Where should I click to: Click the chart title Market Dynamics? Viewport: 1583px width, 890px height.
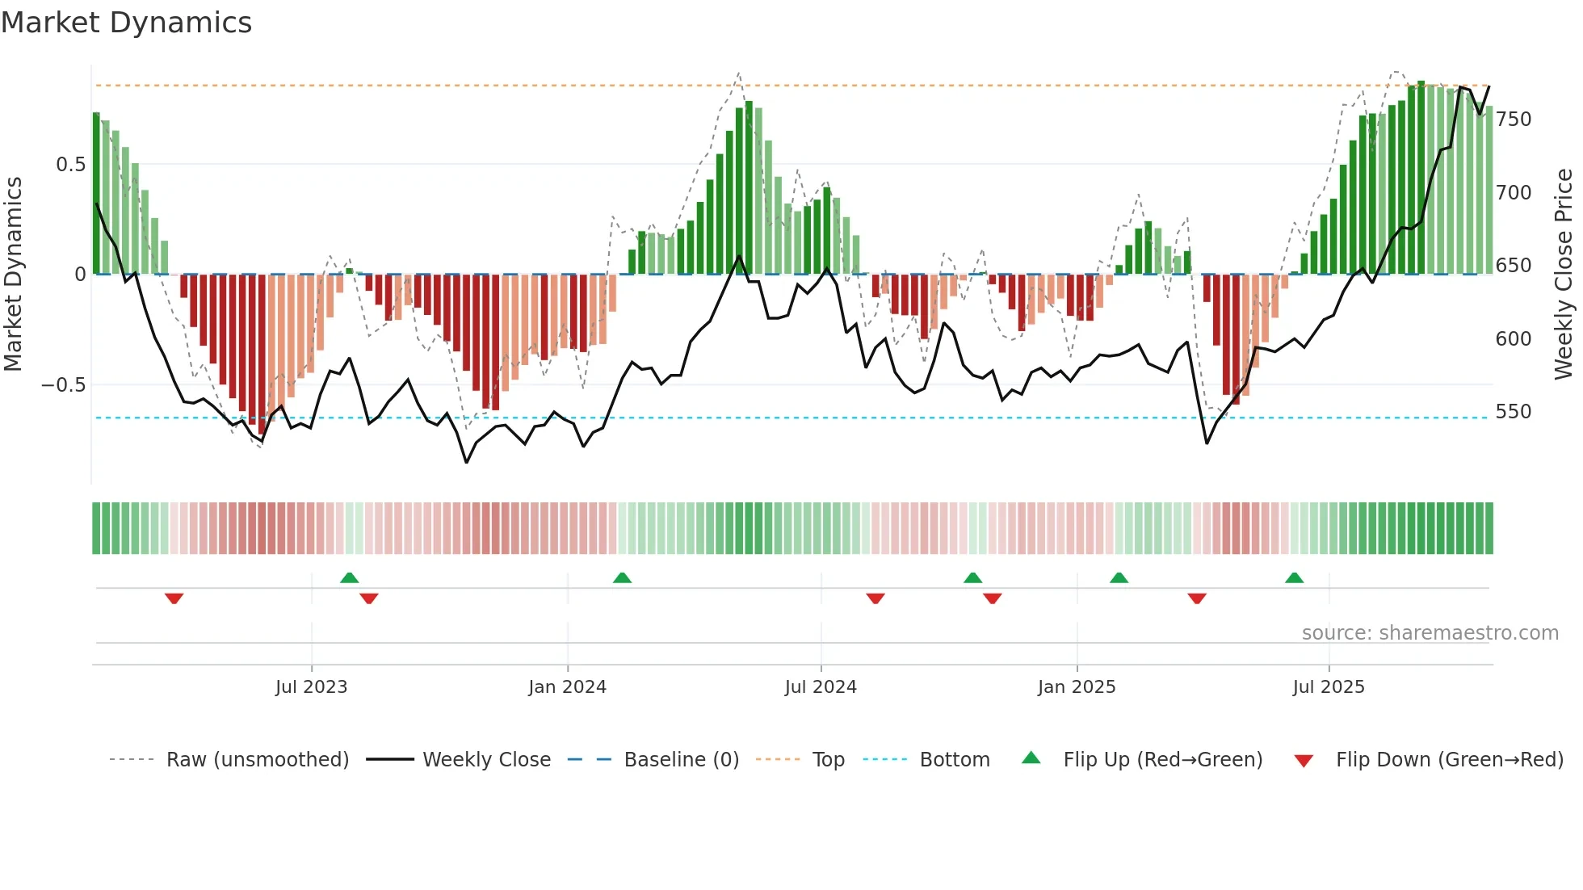point(126,23)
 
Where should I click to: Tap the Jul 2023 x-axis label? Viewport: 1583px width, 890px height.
point(311,687)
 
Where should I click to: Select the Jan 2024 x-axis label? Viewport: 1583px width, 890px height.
point(567,687)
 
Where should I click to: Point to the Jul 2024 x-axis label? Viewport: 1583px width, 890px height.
point(821,687)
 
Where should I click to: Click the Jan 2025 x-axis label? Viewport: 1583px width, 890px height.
point(1077,687)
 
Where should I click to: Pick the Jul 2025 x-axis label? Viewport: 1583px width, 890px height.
point(1329,687)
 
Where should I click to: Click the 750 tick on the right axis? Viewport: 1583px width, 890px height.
point(1514,120)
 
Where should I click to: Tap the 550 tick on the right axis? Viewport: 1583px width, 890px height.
point(1514,412)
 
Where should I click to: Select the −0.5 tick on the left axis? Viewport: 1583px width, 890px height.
point(64,385)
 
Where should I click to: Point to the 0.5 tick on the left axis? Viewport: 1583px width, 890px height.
point(70,165)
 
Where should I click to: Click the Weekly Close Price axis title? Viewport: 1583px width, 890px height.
point(1564,275)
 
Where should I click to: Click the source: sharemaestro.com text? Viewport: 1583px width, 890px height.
point(1430,633)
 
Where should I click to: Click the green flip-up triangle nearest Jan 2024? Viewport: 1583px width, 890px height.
point(622,578)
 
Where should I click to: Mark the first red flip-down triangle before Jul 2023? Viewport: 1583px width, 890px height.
point(174,598)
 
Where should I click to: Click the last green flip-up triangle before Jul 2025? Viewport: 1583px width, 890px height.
point(1294,578)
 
